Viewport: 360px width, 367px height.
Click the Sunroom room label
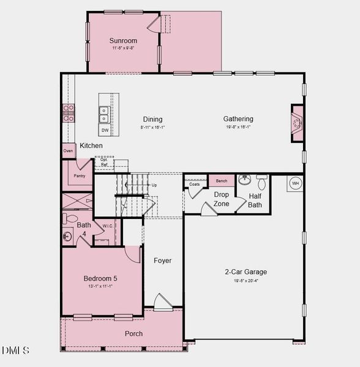point(123,41)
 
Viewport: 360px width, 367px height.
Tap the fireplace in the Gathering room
point(297,124)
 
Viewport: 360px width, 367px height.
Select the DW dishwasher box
point(105,130)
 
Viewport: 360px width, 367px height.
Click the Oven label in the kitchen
point(68,151)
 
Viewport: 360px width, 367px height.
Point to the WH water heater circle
point(295,183)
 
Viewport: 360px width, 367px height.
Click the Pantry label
point(80,176)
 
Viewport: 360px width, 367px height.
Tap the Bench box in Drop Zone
point(222,181)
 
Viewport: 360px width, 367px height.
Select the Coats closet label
point(194,183)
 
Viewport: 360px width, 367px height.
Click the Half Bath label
point(255,201)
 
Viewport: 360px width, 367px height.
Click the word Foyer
point(162,261)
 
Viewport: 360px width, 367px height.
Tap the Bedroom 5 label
point(100,278)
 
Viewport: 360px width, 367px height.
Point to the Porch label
point(133,333)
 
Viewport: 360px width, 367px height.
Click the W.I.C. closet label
point(107,226)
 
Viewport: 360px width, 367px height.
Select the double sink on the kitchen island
point(104,114)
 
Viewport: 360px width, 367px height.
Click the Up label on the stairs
point(154,184)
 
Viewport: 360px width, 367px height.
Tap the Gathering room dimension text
point(238,127)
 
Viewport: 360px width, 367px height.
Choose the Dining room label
point(152,119)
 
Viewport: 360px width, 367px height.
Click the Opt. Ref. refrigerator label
point(104,162)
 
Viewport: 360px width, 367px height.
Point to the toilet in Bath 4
point(70,218)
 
